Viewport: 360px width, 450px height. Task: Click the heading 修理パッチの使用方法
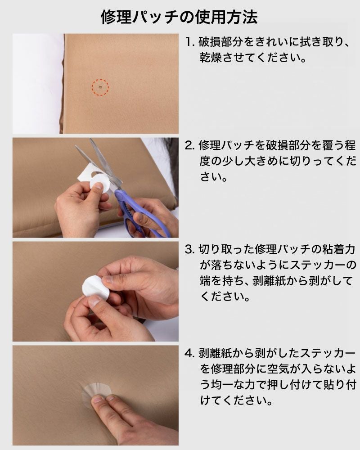[179, 17]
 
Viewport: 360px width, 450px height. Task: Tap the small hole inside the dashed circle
[100, 87]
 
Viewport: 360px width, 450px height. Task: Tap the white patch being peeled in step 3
[95, 288]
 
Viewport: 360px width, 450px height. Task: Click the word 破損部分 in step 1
[222, 42]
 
